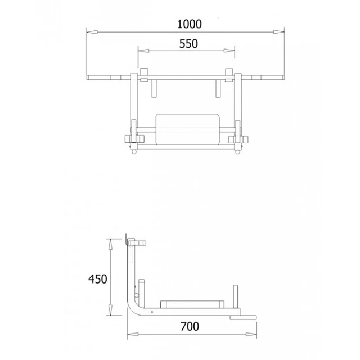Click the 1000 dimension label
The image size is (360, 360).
pyautogui.click(x=190, y=24)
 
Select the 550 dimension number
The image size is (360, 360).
pyautogui.click(x=188, y=44)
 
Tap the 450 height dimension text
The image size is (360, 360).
pyautogui.click(x=98, y=279)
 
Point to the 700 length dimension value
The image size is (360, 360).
pyautogui.click(x=190, y=326)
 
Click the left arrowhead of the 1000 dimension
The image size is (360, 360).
pyautogui.click(x=92, y=32)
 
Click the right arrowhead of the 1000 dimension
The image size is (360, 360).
pyautogui.click(x=279, y=32)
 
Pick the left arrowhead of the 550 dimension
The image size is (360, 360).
pyautogui.click(x=143, y=51)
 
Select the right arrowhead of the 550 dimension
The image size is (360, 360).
pyautogui.click(x=229, y=51)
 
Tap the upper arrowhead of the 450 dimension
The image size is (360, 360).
pyautogui.click(x=110, y=244)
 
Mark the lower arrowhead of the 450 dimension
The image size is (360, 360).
pyautogui.click(x=110, y=310)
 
